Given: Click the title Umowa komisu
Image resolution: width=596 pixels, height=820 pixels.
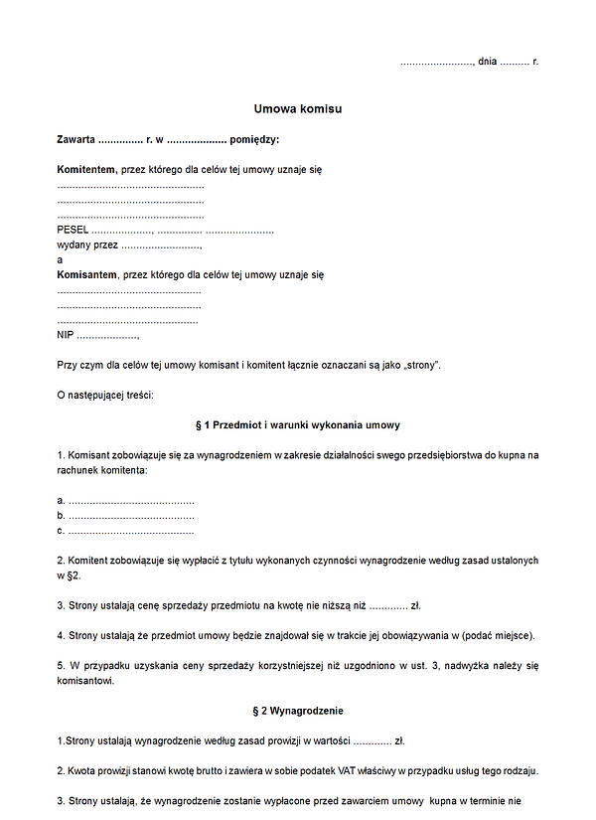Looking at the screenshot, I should click(297, 108).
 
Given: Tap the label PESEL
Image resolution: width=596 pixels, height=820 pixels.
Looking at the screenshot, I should click(74, 230).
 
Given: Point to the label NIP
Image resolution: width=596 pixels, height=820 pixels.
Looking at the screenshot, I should click(66, 335).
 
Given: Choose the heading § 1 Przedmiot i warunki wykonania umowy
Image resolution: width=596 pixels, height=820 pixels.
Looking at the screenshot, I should click(297, 425).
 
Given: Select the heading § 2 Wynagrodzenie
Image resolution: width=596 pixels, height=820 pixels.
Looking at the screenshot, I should click(297, 712).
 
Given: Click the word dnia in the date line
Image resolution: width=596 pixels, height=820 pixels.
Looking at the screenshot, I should click(487, 62).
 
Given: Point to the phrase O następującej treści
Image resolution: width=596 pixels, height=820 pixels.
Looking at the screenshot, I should click(105, 396).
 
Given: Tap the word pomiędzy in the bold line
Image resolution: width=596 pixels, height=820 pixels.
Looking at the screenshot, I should click(254, 139).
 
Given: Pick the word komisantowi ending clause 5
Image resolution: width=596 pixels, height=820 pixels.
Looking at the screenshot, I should click(85, 682).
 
